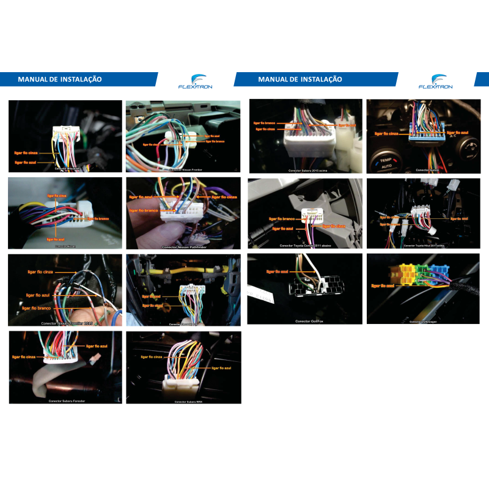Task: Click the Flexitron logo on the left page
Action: pos(195,82)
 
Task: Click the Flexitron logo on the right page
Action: pos(435,82)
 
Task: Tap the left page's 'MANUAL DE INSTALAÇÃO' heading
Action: pos(60,79)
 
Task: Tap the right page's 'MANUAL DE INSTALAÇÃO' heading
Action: pos(300,79)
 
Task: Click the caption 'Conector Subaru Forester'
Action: pos(67,401)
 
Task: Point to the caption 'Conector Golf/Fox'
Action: pos(309,321)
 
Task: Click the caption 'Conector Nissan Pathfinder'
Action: pos(183,248)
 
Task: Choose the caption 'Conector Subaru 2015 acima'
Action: pos(308,171)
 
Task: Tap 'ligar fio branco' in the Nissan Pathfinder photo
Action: pos(144,209)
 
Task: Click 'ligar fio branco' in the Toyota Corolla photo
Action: pos(282,218)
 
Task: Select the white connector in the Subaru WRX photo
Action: pos(180,386)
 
